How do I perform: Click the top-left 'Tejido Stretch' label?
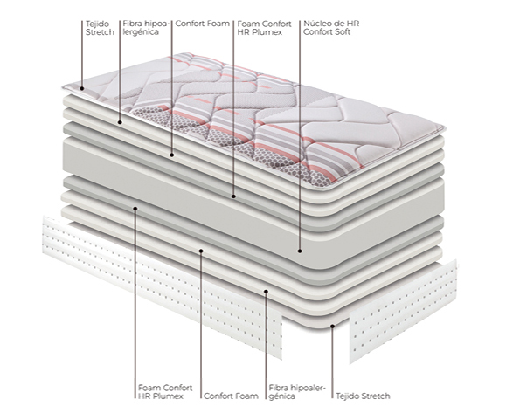click(x=100, y=28)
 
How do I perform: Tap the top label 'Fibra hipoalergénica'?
click(x=146, y=28)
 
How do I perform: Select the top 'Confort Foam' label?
click(x=202, y=24)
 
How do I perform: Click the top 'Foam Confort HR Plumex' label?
click(x=264, y=28)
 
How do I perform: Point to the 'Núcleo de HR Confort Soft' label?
click(x=331, y=28)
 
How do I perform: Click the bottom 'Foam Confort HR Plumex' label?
click(x=165, y=392)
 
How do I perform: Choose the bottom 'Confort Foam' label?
click(x=231, y=396)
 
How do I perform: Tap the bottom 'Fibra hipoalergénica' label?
click(x=297, y=392)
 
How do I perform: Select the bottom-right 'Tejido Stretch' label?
click(x=363, y=396)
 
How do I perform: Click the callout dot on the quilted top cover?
click(x=82, y=88)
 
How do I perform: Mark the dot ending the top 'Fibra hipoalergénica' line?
click(x=120, y=122)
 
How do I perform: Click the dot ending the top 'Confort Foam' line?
click(x=172, y=155)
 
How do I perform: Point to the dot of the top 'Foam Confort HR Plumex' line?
click(x=233, y=196)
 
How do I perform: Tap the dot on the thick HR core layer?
click(x=300, y=251)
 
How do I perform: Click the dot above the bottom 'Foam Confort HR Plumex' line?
click(x=135, y=208)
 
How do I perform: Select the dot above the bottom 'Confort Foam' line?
click(x=201, y=251)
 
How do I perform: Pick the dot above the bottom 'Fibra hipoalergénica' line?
click(x=266, y=292)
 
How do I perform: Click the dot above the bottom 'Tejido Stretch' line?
click(x=333, y=327)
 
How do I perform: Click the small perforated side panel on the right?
click(x=403, y=312)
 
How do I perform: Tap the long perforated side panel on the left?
click(x=163, y=286)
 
